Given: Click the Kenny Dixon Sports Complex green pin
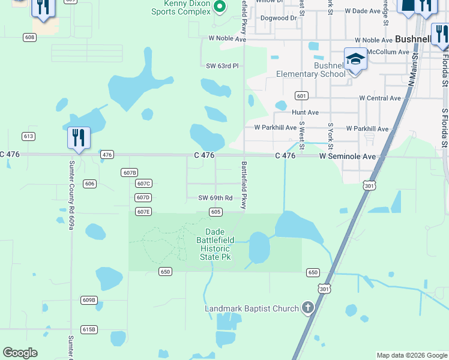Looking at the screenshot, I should [220, 7].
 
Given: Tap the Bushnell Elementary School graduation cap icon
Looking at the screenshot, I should [355, 60].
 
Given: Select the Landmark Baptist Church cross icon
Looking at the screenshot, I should [307, 308].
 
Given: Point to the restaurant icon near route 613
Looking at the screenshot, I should [79, 137].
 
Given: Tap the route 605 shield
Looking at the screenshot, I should [216, 212].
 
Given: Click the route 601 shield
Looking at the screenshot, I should [301, 96].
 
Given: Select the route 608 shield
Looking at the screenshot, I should [30, 37].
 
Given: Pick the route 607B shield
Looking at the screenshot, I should [129, 172].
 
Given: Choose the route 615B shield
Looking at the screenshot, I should [89, 329].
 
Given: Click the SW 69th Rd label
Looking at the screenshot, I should [215, 198].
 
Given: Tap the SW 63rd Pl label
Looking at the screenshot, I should [222, 66].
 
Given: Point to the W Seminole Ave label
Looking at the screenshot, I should [347, 156].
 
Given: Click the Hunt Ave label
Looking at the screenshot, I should [305, 112].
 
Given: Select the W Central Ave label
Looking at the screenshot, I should [380, 98].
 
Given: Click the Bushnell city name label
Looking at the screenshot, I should [413, 39].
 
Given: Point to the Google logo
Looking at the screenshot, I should [20, 353].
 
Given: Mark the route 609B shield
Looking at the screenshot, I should [89, 299].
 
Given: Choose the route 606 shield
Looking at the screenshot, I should [89, 184].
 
